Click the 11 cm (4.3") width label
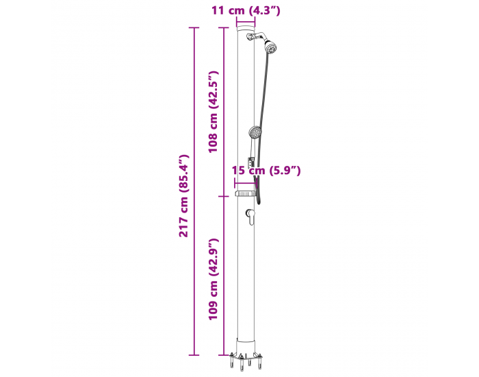coord(246,10)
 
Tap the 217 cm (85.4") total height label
coord(184,196)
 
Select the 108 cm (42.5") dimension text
coord(213,112)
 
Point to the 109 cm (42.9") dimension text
coord(213,280)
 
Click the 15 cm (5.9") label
coord(266,170)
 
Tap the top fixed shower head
coord(270,47)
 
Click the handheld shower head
coord(255,132)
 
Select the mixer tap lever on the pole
coord(250,217)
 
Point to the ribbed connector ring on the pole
coord(245,193)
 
